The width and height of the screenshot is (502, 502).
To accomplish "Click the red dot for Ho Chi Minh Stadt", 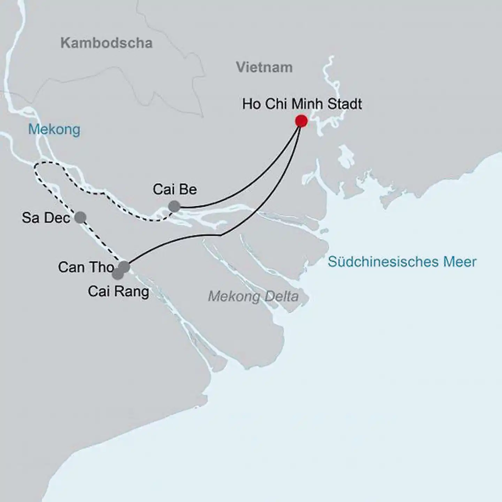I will (301, 121).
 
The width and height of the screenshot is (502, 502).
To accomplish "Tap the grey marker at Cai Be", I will (174, 206).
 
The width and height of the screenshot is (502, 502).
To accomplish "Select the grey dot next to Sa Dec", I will (80, 217).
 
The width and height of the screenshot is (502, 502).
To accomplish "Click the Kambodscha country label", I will (106, 43).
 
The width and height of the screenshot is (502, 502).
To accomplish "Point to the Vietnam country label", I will (264, 67).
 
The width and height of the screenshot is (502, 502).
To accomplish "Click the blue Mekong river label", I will (54, 129).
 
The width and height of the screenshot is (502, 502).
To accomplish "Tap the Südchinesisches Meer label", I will (402, 262).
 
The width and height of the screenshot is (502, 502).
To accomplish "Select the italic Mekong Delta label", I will (253, 297).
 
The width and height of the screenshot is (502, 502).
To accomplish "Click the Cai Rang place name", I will (118, 291).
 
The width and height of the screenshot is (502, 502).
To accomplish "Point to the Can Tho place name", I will (86, 267).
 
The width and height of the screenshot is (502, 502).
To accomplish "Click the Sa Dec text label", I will (46, 218).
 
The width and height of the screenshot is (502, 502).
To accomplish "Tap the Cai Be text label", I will (175, 189).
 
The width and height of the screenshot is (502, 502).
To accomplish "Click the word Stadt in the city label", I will (345, 104).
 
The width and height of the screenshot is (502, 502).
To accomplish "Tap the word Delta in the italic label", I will (281, 297).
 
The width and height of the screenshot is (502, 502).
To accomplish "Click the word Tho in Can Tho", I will (103, 267).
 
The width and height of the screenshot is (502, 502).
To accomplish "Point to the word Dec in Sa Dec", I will (58, 218).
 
